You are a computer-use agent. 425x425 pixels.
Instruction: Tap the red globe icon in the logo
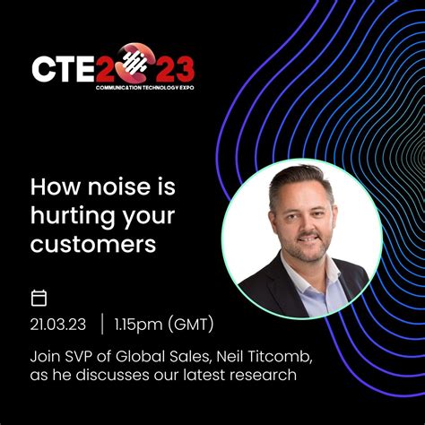[x=132, y=63]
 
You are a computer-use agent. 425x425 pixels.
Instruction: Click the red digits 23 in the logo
[x=172, y=68]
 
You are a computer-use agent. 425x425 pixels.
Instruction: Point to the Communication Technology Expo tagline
[x=145, y=90]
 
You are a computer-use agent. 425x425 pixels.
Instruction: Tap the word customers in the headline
[x=93, y=243]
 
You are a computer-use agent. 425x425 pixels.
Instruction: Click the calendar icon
[x=39, y=298]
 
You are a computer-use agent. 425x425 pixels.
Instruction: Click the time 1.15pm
[x=140, y=324]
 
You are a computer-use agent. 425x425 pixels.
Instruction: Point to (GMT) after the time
[x=191, y=324]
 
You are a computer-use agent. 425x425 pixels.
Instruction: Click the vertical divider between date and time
[x=102, y=324]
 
